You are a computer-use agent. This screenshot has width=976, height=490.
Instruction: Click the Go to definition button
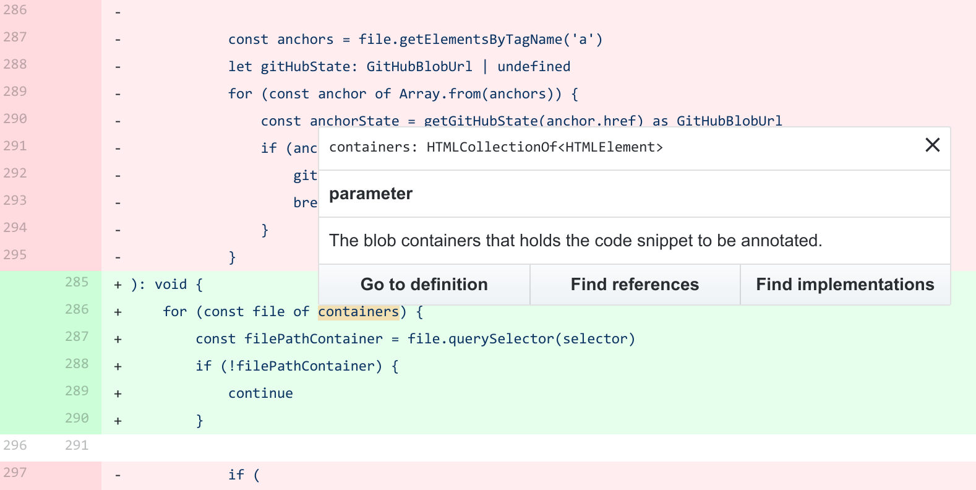click(x=424, y=285)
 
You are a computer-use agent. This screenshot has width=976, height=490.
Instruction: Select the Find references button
click(x=635, y=285)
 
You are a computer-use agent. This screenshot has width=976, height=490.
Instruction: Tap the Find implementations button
click(x=845, y=285)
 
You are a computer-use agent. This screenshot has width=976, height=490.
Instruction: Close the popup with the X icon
click(x=932, y=145)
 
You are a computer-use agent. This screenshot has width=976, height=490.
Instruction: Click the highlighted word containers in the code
click(x=359, y=312)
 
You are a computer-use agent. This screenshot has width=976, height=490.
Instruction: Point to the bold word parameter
click(x=370, y=194)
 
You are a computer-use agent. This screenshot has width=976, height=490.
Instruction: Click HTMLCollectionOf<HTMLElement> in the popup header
click(x=544, y=147)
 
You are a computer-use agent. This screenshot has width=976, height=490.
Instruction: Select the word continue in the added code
click(x=260, y=393)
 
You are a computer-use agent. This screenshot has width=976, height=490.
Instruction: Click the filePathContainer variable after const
click(x=314, y=339)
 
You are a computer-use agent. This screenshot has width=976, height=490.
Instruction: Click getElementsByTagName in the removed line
click(x=481, y=40)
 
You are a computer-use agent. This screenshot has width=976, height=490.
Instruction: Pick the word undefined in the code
click(x=534, y=67)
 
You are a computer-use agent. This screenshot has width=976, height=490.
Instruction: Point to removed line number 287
click(x=15, y=37)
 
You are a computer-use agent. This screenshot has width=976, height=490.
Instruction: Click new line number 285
click(x=77, y=282)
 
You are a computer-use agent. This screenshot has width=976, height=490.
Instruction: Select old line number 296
click(x=15, y=445)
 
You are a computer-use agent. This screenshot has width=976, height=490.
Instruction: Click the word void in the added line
click(x=171, y=285)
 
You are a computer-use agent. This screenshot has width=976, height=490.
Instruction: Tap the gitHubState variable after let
click(x=306, y=67)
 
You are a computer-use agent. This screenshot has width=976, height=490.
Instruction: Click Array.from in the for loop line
click(x=440, y=94)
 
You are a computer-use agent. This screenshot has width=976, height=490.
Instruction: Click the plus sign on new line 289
click(x=118, y=393)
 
